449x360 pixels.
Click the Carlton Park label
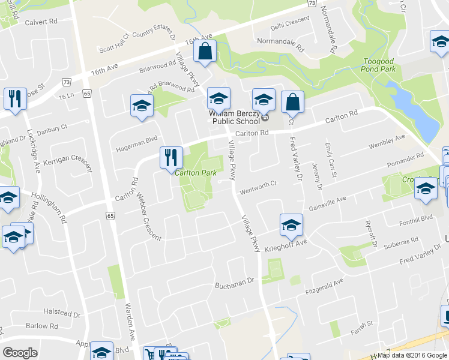(x=196, y=173)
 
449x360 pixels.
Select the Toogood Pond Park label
(x=379, y=65)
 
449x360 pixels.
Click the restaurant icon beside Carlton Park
(x=171, y=158)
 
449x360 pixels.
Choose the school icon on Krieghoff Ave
(x=291, y=226)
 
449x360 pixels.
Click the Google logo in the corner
(x=20, y=353)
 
